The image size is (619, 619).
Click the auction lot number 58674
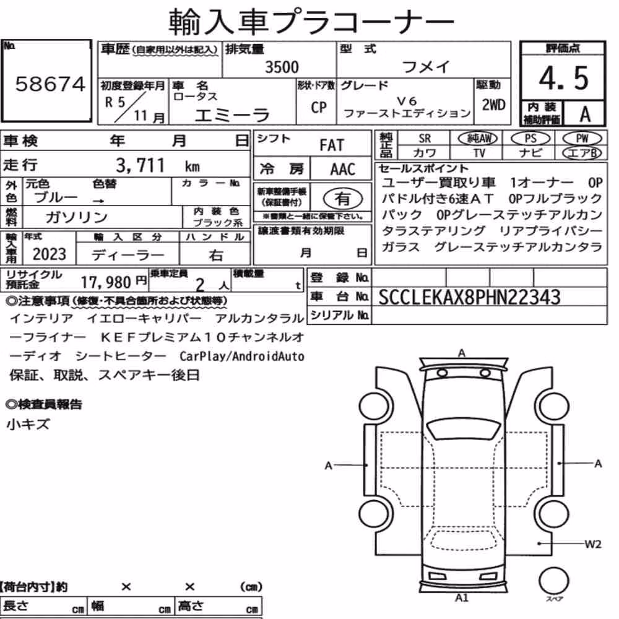point(50,84)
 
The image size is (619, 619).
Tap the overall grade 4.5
point(563,78)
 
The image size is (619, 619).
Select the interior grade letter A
point(585,115)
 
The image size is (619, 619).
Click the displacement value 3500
point(282,67)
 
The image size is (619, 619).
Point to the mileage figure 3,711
point(140,165)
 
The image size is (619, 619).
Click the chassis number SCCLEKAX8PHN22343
point(469,297)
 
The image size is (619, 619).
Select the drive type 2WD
point(493,105)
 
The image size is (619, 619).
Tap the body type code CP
point(319,107)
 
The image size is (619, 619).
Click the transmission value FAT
point(332,145)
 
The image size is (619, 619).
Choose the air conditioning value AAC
point(343,170)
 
